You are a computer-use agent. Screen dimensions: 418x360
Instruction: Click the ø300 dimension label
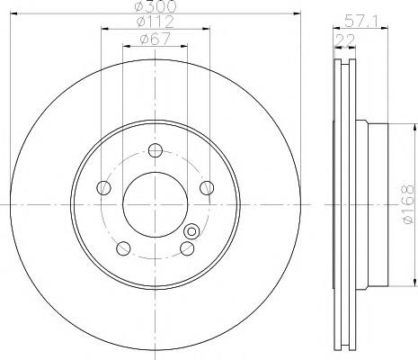click(156, 6)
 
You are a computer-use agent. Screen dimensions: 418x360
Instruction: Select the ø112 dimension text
click(156, 22)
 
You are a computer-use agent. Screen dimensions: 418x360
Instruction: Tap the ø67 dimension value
click(156, 39)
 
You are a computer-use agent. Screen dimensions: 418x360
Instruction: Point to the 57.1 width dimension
click(361, 21)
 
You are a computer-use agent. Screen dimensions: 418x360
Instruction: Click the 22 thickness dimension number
click(344, 40)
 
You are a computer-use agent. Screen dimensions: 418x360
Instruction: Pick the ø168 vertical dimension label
click(408, 204)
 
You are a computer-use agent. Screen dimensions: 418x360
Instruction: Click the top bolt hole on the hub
click(156, 150)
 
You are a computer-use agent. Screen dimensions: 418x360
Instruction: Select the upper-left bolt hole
click(103, 188)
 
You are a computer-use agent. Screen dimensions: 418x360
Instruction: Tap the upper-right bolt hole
click(207, 188)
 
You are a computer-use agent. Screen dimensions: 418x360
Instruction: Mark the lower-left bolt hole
click(123, 248)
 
